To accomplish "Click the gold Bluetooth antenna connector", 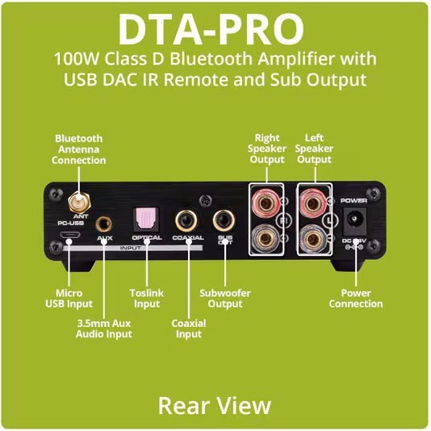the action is point(80,203).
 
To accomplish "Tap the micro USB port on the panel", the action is point(70,235).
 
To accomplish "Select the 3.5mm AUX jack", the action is point(103,224).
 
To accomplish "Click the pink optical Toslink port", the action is point(145,219).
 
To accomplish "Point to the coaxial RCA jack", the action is point(186,220).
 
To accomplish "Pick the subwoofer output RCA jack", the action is point(224,220).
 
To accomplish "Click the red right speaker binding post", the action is point(266,203).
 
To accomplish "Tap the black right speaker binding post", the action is point(266,238).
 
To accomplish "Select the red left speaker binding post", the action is point(313,203).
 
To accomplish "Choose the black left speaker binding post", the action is point(312,238).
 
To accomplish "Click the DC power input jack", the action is point(355,220).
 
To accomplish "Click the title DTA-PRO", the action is point(211,29).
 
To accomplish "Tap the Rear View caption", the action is point(215,406).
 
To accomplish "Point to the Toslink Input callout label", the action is point(147,299).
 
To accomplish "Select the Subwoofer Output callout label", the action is point(225,299).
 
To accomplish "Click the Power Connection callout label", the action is point(356,299).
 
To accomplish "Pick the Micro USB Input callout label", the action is point(69,299).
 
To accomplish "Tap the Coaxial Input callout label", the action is point(189,328).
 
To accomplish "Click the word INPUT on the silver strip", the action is point(131,248).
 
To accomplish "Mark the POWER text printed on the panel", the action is point(354,201).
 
